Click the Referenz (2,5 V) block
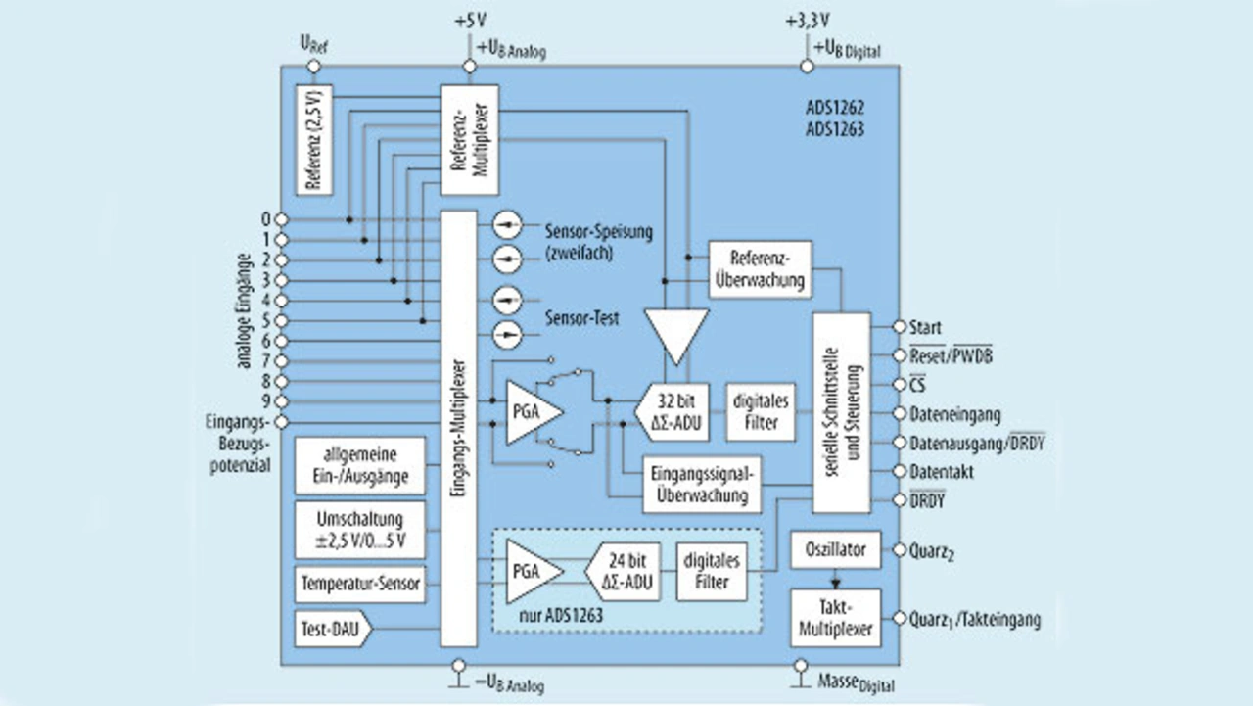314,139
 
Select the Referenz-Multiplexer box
469,139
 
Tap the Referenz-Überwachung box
760,268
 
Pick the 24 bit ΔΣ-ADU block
625,573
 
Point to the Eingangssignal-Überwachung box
702,485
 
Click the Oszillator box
835,549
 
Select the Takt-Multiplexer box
835,618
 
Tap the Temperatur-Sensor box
359,585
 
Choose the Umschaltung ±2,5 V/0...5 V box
359,530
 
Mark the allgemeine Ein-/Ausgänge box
359,466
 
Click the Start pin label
925,327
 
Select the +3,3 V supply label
808,20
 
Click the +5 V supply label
470,20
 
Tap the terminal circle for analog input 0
281,219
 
